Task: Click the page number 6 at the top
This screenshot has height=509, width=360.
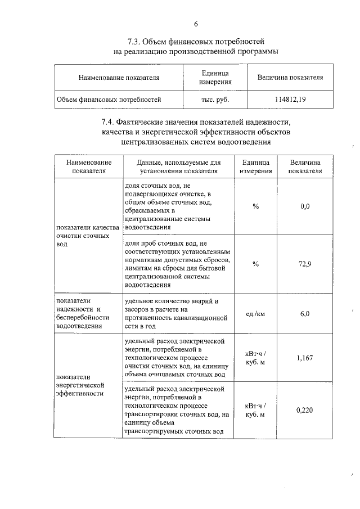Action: tap(196, 24)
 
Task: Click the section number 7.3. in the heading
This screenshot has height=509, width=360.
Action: tap(137, 42)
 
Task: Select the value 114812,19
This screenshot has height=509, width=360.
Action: tap(290, 100)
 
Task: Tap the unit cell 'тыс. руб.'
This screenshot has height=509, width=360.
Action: tap(215, 100)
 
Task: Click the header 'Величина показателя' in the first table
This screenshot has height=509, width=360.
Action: tap(290, 78)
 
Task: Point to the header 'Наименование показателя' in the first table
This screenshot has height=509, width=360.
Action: tap(119, 78)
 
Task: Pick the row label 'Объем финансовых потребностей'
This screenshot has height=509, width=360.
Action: tap(109, 100)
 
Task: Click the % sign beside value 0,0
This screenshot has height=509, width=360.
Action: tap(255, 206)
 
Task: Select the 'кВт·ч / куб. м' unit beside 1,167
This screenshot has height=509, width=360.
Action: tap(255, 358)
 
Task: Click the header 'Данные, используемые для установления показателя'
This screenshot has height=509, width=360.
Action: tap(178, 166)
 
